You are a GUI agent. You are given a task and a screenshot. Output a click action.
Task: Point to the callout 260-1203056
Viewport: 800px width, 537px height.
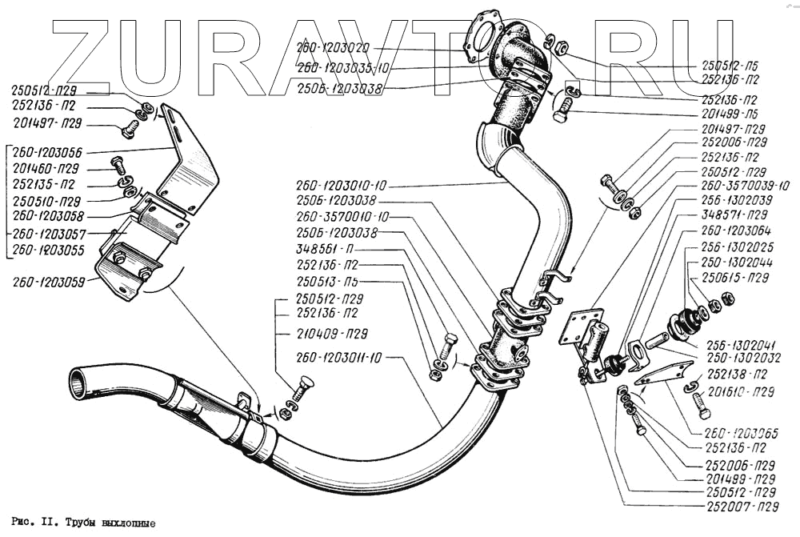coord(47,151)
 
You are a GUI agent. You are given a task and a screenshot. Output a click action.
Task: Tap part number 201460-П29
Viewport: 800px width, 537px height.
coord(46,169)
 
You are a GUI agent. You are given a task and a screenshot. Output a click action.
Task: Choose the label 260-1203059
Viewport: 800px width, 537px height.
coord(47,282)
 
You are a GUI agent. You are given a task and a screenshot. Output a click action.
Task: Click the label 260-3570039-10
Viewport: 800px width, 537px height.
coord(745,186)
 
